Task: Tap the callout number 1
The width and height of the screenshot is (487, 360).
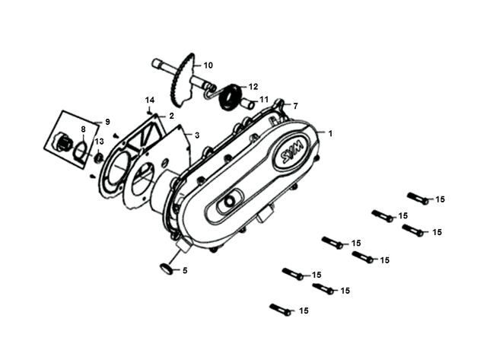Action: tap(330, 133)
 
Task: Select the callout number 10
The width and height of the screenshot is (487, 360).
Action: tap(208, 65)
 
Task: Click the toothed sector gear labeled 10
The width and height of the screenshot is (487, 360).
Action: tap(183, 79)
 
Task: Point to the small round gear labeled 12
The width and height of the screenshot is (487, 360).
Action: tap(231, 97)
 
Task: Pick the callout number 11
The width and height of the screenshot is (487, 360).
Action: tap(264, 100)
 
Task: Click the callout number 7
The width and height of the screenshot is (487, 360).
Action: tap(295, 107)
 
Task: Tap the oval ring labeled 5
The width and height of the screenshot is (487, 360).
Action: tap(167, 269)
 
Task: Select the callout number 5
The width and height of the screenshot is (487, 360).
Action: tap(185, 270)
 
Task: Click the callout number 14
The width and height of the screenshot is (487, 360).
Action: tap(150, 100)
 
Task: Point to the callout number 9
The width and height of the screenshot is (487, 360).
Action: tap(107, 122)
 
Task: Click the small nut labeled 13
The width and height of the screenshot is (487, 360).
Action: tap(99, 158)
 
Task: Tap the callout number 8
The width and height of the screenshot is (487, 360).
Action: tap(83, 129)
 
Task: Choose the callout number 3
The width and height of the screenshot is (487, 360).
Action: tap(197, 135)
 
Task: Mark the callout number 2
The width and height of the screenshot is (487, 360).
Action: tap(171, 116)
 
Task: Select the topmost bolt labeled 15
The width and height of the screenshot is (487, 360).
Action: tap(418, 198)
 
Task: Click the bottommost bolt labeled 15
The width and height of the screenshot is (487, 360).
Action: tap(281, 310)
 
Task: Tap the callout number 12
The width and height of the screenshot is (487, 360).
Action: tap(253, 87)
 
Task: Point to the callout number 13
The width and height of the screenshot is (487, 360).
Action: tap(100, 142)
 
